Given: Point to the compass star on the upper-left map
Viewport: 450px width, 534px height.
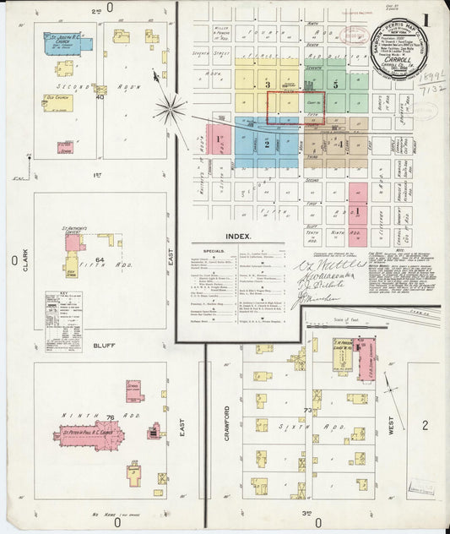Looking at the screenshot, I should pyautogui.click(x=170, y=107).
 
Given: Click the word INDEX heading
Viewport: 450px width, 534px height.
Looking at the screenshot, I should pyautogui.click(x=240, y=237).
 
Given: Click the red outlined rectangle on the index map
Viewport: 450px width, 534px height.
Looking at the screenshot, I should pyautogui.click(x=295, y=109).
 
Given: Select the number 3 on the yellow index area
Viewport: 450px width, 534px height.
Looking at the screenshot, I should pyautogui.click(x=267, y=85).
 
